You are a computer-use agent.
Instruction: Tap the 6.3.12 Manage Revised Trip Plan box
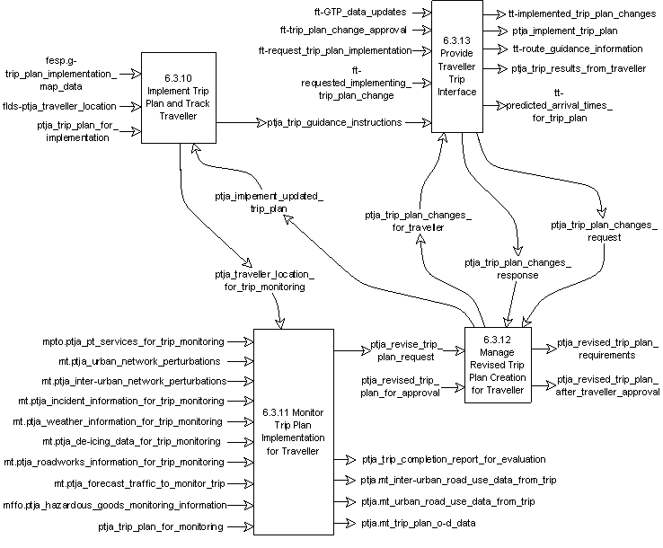click(497, 366)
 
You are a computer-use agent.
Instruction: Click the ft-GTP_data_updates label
click(360, 13)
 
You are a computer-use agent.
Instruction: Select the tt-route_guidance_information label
click(578, 49)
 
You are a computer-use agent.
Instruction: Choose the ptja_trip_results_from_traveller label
click(579, 68)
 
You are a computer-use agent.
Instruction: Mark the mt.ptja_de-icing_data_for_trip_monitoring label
click(131, 442)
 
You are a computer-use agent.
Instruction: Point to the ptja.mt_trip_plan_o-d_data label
click(419, 522)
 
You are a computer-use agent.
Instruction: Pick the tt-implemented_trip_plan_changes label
click(582, 13)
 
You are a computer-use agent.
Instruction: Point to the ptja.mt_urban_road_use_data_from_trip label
click(448, 501)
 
